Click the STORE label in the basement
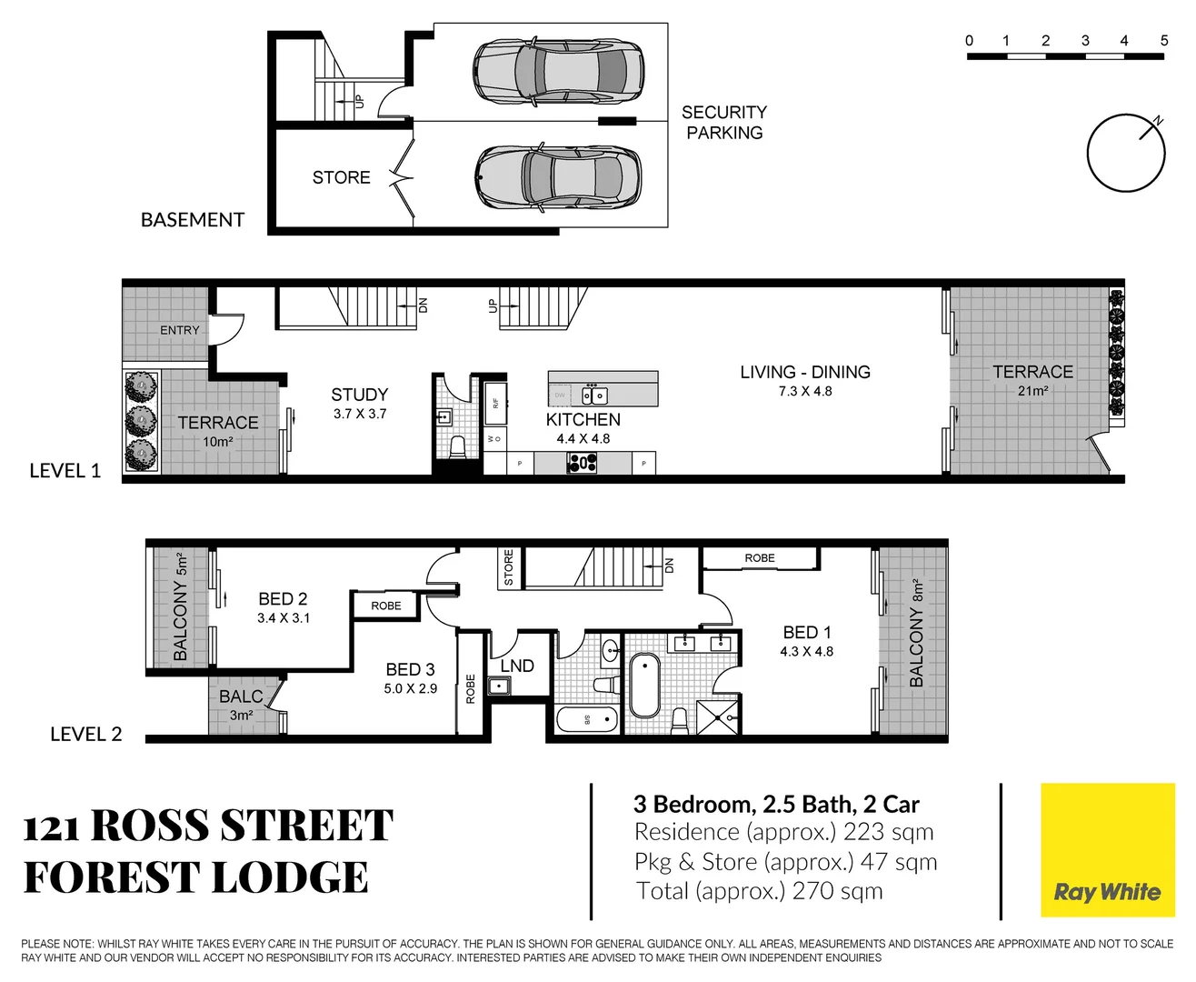click(x=341, y=177)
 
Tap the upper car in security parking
click(x=558, y=71)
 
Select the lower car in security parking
click(x=558, y=176)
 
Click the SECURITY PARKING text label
click(x=723, y=122)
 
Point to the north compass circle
click(x=1125, y=153)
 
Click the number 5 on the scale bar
click(x=1163, y=40)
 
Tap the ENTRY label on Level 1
click(x=179, y=330)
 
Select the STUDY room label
click(x=359, y=395)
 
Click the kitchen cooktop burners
click(x=582, y=463)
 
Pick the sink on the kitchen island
click(x=594, y=395)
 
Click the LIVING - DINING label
click(x=804, y=372)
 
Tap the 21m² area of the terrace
click(x=1032, y=391)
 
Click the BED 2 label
click(x=283, y=598)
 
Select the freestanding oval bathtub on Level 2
click(x=644, y=684)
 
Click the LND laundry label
click(x=517, y=666)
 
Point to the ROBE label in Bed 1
click(x=760, y=557)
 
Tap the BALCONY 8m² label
click(x=916, y=633)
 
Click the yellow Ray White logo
click(x=1107, y=850)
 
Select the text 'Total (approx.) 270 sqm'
click(x=759, y=891)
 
